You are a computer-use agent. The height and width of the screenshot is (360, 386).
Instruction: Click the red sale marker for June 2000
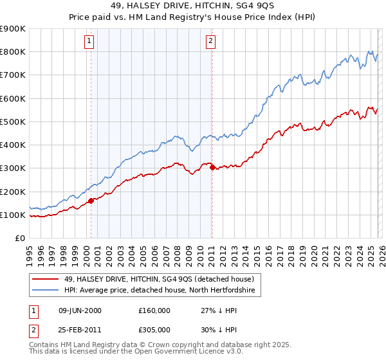pyautogui.click(x=91, y=201)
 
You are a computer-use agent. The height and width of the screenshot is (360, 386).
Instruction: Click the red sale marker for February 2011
pyautogui.click(x=212, y=167)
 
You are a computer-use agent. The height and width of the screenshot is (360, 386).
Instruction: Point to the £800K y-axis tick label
pyautogui.click(x=13, y=52)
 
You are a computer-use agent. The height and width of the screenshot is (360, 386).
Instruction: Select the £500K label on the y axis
pyautogui.click(x=13, y=122)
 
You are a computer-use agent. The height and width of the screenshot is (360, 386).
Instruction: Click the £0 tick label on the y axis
pyautogui.click(x=19, y=239)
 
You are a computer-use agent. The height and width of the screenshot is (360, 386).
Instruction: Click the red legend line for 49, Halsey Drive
pyautogui.click(x=46, y=279)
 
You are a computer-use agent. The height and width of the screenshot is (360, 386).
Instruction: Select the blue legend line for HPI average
pyautogui.click(x=46, y=291)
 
